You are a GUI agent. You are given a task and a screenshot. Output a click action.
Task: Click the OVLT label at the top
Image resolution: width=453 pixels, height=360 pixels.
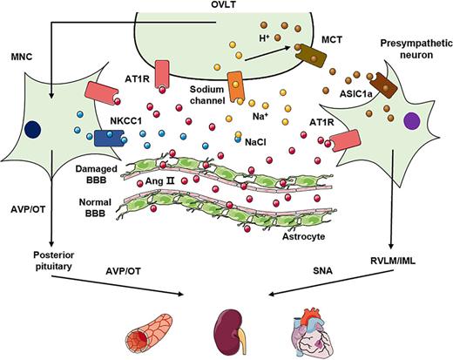click(226, 7)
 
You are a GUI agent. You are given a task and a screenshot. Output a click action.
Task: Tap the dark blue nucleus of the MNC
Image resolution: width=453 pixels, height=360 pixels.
click(33, 129)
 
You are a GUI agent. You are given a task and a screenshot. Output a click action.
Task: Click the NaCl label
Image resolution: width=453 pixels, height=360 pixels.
click(256, 139)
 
